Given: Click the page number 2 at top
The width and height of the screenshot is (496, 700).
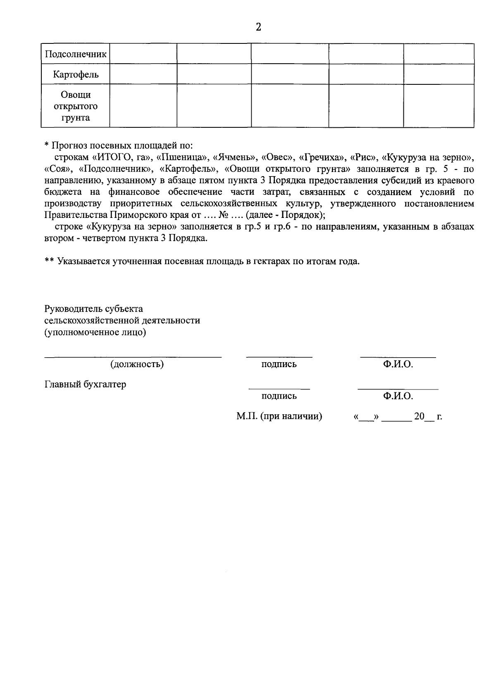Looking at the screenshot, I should point(259,27).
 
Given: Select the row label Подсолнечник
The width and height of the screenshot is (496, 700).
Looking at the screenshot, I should point(76,54).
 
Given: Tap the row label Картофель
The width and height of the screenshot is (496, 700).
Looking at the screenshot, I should point(76,75).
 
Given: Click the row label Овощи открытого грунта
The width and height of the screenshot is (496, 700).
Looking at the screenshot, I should point(76,106).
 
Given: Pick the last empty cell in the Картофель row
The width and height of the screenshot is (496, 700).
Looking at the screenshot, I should point(439,74).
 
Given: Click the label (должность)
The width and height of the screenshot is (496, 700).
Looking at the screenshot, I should point(137,364).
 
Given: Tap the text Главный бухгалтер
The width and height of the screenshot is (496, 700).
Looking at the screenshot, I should point(85,384).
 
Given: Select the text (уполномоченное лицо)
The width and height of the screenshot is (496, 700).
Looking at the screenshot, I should point(95,332).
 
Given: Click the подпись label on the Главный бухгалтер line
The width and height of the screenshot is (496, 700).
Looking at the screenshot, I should point(279,396).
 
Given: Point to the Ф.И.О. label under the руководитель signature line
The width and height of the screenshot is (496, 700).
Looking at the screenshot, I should point(398,364).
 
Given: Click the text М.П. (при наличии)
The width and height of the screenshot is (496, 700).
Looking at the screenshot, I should point(279,416).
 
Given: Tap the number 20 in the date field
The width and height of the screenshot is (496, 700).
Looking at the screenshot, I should point(419,416).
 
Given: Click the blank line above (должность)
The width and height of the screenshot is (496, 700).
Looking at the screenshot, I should point(133,356).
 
